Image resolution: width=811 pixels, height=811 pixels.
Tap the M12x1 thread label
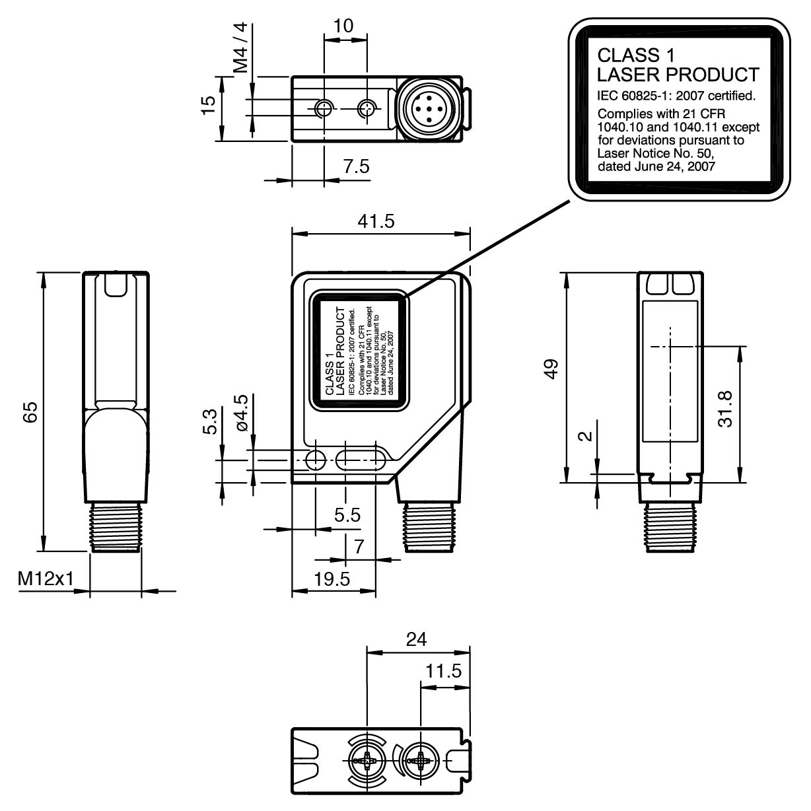click(45, 579)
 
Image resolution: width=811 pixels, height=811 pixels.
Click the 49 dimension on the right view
click(550, 367)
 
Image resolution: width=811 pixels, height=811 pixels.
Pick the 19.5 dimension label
click(332, 579)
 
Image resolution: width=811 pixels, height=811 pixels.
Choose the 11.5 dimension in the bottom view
click(442, 672)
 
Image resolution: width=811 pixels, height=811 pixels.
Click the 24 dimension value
click(416, 639)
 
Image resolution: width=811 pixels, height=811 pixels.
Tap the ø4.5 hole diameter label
click(241, 413)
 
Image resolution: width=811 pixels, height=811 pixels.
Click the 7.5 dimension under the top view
click(356, 167)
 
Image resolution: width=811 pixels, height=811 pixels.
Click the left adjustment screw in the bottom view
click(365, 761)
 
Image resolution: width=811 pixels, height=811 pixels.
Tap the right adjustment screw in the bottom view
click(420, 761)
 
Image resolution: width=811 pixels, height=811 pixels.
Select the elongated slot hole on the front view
click(361, 459)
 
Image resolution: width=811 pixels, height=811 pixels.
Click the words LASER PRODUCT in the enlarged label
click(678, 74)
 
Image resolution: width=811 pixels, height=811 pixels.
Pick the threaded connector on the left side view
click(115, 526)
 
